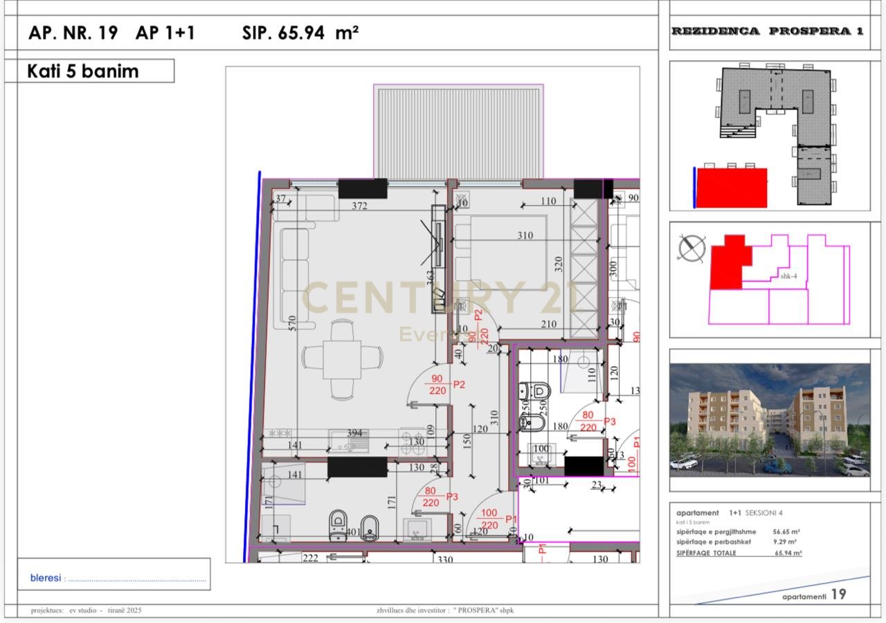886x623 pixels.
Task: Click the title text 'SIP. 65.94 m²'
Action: (300, 33)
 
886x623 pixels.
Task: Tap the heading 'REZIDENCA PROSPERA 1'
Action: (767, 31)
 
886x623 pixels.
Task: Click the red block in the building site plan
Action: (731, 188)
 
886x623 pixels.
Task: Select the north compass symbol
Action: (691, 248)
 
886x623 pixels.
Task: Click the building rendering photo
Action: (769, 419)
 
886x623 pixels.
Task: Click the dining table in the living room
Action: (342, 358)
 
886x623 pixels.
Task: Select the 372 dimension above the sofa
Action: (359, 206)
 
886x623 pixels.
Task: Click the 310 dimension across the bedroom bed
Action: (525, 235)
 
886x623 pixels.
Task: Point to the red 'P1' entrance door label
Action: (512, 518)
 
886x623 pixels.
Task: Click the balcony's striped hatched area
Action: (458, 132)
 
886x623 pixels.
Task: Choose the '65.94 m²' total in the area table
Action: (787, 553)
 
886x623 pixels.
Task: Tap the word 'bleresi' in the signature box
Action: (46, 577)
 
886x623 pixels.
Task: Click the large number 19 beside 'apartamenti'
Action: (838, 594)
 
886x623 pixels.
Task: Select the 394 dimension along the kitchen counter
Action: (354, 433)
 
